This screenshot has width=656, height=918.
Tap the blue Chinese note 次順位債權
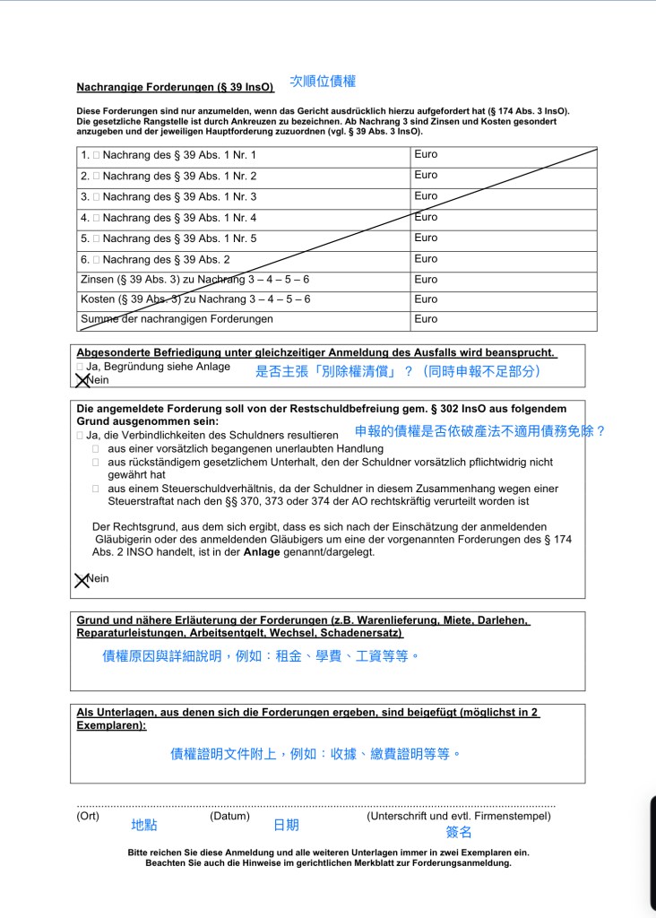coord(323,82)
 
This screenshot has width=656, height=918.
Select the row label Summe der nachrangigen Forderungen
coord(177,319)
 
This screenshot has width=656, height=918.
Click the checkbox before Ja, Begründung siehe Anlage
coord(80,367)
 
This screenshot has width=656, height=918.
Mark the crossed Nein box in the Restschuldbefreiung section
coord(82,580)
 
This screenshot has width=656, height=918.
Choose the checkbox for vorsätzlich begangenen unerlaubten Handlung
coord(96,448)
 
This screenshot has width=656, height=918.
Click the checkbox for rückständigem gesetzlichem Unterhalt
coord(96,462)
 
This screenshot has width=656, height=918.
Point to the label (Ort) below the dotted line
coord(88,817)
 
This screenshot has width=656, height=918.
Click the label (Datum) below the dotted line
coord(229,817)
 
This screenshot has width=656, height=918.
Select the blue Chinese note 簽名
coord(459,832)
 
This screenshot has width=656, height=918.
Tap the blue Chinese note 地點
coord(143,826)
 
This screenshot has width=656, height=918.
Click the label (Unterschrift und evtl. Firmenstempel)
coord(458,817)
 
